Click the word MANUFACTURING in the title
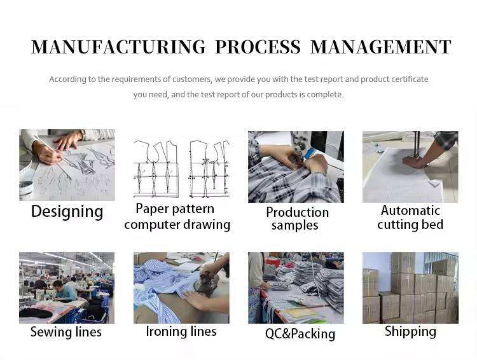coord(118,47)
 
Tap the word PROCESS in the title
coord(258,47)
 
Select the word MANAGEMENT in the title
coord(380,47)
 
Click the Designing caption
coord(67,212)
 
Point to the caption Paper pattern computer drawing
coord(177,216)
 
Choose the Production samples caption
coord(296,219)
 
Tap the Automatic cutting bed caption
coord(410,218)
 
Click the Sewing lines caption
coord(66,332)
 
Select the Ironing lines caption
coord(181,331)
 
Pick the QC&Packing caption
coord(300,333)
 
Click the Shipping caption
coord(410,331)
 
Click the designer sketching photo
coord(67,165)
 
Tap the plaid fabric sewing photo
coord(296,167)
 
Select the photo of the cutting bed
coord(410,167)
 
